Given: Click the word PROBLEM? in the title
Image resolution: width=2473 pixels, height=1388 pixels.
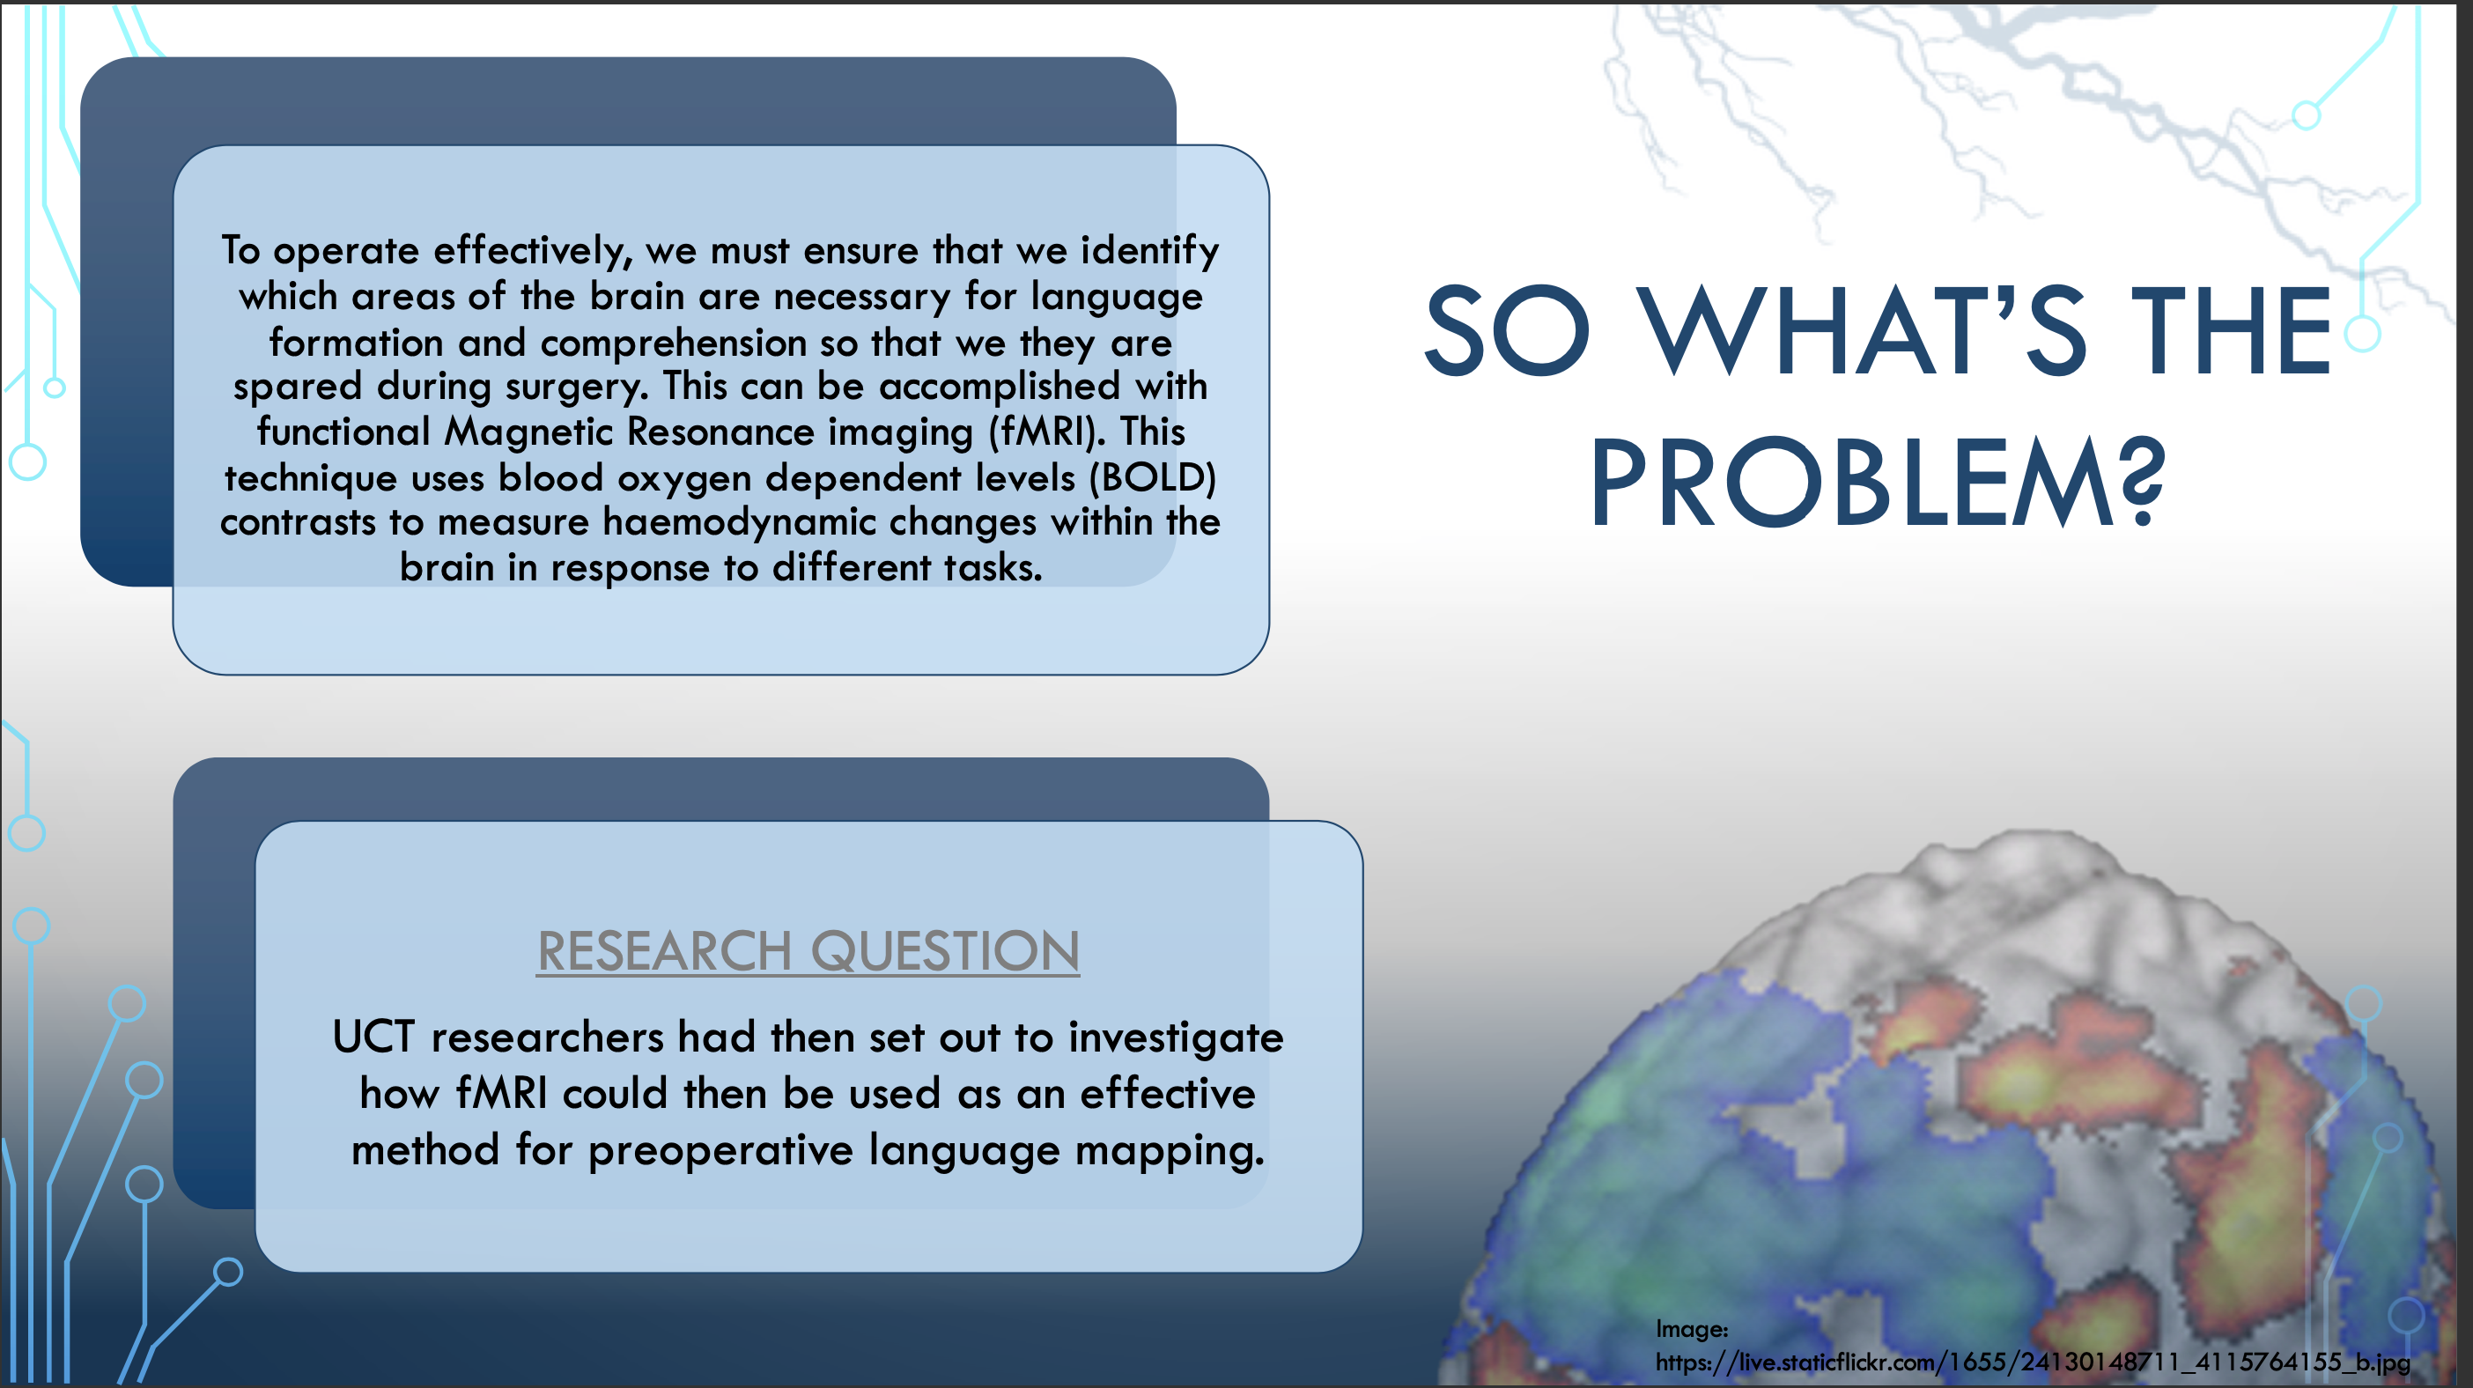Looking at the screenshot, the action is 1878,483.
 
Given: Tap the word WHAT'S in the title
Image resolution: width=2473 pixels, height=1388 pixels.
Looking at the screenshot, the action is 1862,330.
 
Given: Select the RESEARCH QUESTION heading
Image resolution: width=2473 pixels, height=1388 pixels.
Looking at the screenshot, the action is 808,951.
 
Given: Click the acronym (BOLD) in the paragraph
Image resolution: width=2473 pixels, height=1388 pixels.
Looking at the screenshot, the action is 1152,478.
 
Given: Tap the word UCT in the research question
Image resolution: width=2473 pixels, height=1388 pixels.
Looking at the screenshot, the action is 373,1037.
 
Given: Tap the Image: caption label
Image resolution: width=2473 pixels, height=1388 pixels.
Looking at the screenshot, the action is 1692,1330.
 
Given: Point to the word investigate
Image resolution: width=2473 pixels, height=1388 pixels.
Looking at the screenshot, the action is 1176,1037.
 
